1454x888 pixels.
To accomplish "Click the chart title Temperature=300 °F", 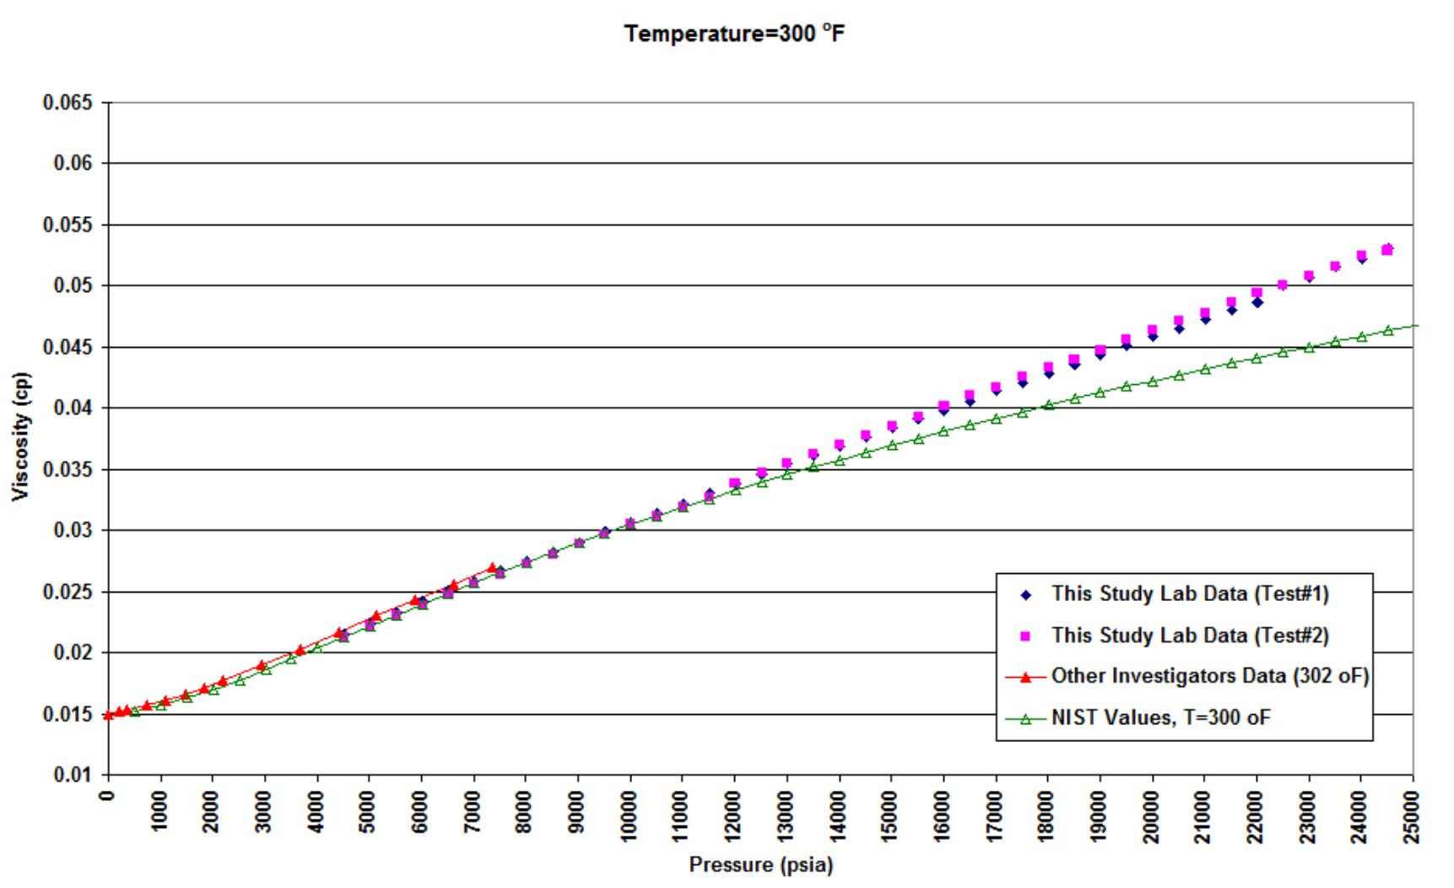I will [733, 35].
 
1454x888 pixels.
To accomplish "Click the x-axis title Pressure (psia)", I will [760, 865].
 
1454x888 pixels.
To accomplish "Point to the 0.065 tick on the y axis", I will [71, 102].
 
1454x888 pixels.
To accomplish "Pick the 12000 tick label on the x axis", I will [734, 815].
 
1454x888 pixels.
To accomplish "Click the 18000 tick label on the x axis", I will [1048, 815].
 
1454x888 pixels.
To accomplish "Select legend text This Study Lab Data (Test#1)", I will [1190, 594].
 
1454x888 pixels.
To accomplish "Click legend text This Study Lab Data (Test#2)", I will [1190, 636].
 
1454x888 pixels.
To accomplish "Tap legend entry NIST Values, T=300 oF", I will [1160, 718].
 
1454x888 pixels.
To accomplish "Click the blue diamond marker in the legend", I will [1026, 595].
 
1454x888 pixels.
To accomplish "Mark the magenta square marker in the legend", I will [1026, 636].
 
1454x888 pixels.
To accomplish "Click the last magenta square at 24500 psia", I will [1387, 250].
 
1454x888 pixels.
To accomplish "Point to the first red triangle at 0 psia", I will [108, 716].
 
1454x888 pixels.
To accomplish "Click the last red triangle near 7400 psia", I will [492, 567].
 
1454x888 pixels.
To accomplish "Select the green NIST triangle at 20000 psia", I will [1153, 382].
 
